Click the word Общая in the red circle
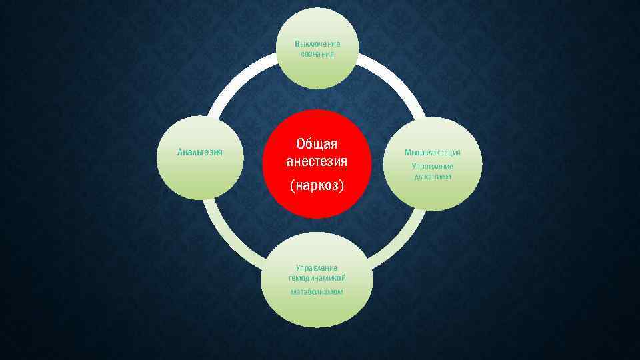tap(317, 145)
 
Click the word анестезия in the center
tap(317, 161)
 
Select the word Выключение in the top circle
tap(317, 44)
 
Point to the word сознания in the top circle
tap(317, 53)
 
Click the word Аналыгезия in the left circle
tap(200, 153)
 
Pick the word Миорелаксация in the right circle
tap(433, 153)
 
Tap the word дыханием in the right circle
tap(433, 177)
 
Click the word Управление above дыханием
tap(433, 166)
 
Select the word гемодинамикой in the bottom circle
tap(317, 278)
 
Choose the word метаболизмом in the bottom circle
tap(317, 292)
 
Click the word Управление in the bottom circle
tap(317, 267)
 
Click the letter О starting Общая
tap(301, 145)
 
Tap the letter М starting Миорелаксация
tap(407, 153)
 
